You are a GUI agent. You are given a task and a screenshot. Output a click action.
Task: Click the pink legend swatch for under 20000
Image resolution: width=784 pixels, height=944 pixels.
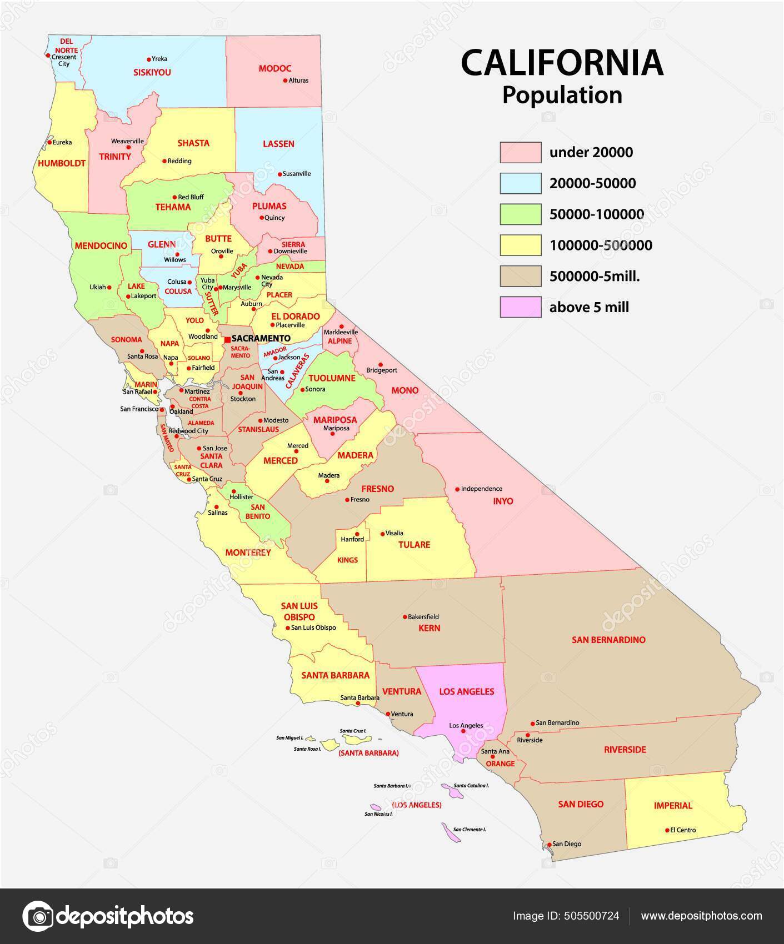point(520,152)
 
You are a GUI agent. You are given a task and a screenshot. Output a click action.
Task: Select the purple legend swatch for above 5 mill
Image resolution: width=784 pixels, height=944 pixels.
point(520,307)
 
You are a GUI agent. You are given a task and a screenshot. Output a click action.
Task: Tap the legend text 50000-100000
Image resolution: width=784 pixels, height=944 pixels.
point(596,214)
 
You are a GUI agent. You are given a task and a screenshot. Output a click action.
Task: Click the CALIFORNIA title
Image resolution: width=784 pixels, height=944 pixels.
point(562,63)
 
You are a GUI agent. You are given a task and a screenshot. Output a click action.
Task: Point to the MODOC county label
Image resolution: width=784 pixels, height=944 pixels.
point(275,69)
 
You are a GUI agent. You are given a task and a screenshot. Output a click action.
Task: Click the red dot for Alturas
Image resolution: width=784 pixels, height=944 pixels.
point(285,81)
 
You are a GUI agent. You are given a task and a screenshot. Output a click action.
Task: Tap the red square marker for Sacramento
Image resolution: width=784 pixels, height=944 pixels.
point(227,339)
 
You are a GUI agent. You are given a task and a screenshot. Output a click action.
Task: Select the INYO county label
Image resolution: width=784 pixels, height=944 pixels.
point(503,501)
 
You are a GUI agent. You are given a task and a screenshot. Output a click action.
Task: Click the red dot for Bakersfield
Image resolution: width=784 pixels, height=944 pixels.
point(405,617)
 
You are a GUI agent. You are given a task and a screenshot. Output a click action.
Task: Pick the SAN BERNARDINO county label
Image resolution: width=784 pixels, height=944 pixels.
point(608,640)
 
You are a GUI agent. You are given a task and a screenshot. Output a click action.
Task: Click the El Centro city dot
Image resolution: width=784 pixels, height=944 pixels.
point(667,830)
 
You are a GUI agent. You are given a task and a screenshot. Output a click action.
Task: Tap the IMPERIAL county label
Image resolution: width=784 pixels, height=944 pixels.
point(673,805)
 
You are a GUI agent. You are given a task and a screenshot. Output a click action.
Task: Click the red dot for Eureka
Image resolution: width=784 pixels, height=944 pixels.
point(49,142)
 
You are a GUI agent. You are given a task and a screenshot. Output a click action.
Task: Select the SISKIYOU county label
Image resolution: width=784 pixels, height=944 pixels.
point(152,72)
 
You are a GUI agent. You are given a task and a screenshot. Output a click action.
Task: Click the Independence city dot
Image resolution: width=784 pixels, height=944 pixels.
point(457,489)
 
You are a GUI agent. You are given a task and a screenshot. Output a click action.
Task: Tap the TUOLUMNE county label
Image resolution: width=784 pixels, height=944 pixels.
point(332,378)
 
